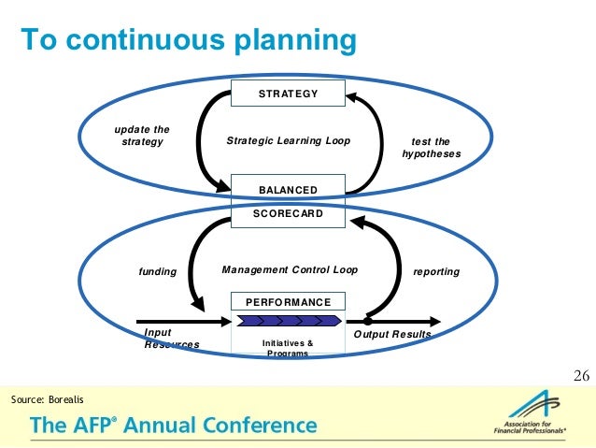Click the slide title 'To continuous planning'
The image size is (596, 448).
point(190,40)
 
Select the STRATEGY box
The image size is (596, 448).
point(288,94)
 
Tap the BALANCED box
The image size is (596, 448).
point(288,189)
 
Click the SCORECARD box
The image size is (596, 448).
point(288,213)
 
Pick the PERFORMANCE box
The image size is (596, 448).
point(288,302)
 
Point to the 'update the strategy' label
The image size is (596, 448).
point(142,136)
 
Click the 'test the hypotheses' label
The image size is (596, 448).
point(431,148)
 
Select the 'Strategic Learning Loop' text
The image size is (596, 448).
point(288,141)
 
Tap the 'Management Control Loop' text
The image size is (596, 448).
point(290,270)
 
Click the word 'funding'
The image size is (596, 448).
point(158,272)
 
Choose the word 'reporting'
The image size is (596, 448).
point(436,272)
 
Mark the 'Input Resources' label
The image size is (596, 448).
point(172,339)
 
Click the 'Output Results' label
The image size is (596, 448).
point(392,335)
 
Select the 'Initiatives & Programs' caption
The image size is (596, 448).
point(288,348)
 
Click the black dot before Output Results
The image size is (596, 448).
point(368,321)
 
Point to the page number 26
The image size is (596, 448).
point(580,376)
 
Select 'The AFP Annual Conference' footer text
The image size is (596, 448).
point(174,426)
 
